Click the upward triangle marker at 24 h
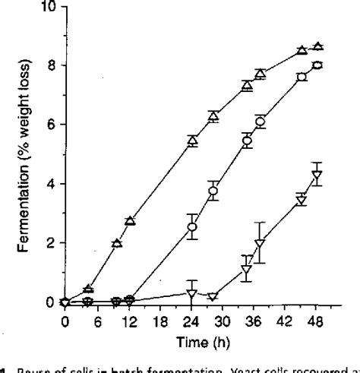click(x=192, y=141)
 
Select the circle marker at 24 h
click(x=192, y=226)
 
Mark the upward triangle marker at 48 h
click(x=317, y=47)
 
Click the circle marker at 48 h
click(x=317, y=65)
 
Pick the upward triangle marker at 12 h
click(x=130, y=221)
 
